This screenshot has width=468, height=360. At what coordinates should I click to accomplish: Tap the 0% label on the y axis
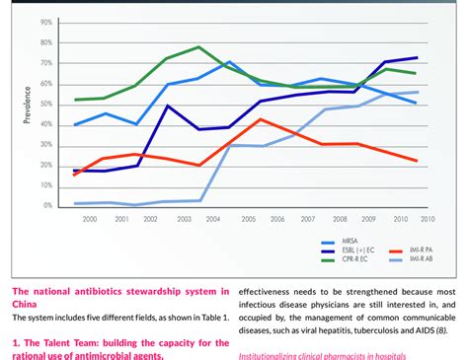pyautogui.click(x=47, y=206)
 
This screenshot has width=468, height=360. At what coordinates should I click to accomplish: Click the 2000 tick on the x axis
pyautogui.click(x=90, y=219)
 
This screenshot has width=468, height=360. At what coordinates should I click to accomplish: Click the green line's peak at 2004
pyautogui.click(x=199, y=47)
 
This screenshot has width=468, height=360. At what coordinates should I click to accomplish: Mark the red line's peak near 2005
pyautogui.click(x=260, y=119)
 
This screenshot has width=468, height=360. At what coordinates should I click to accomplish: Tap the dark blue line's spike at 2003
pyautogui.click(x=168, y=106)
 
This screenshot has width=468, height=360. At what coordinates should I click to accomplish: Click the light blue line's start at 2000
pyautogui.click(x=75, y=203)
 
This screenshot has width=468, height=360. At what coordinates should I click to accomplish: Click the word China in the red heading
pyautogui.click(x=27, y=304)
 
